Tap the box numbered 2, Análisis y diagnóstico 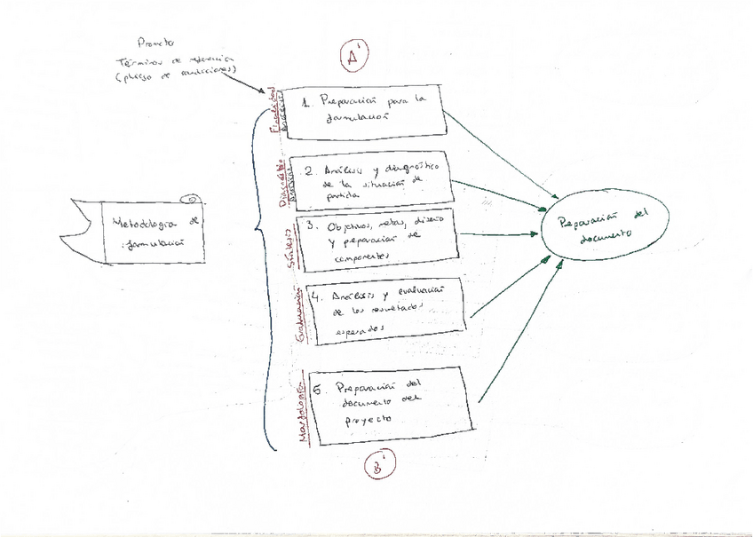pos(372,181)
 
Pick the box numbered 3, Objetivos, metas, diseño pos(377,239)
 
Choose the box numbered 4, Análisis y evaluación pos(386,310)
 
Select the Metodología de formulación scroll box pos(151,232)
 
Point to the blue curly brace pos(259,266)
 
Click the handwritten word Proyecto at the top pos(156,42)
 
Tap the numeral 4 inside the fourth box pos(314,297)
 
